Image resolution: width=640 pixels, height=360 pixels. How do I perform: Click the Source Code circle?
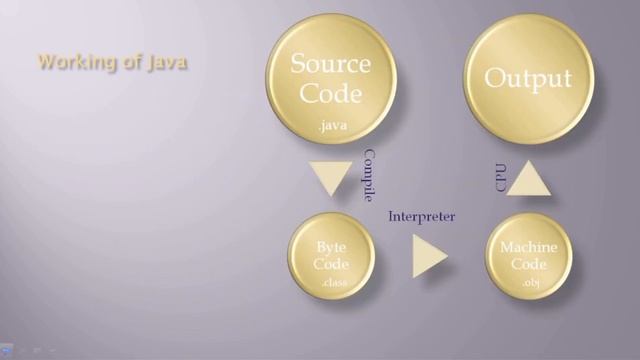point(331,81)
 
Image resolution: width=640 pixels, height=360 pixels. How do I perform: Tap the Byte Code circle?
point(331,256)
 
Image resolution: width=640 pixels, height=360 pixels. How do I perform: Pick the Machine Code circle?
point(529,256)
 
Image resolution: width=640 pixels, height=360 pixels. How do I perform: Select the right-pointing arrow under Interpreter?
point(430,257)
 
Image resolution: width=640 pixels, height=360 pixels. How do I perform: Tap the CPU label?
point(501,178)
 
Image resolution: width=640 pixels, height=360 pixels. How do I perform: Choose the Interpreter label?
point(422,216)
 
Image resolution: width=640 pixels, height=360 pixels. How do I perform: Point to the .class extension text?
point(333,285)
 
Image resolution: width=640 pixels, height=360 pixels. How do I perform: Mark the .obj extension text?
point(530,284)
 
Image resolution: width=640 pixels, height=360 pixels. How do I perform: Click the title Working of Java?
point(112,62)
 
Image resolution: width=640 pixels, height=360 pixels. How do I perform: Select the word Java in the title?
point(167,62)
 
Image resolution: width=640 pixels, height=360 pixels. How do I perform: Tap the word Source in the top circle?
point(331,66)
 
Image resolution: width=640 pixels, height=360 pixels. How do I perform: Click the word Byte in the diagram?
point(331,247)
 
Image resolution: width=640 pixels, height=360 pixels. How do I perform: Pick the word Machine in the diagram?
point(529,247)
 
